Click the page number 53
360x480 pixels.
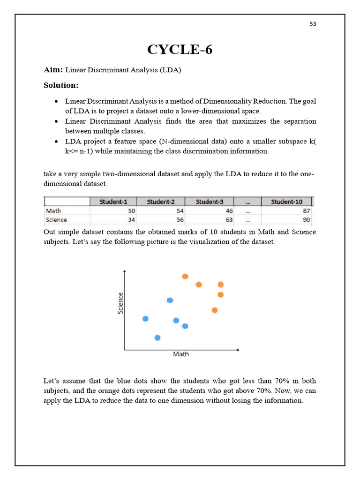tap(313, 24)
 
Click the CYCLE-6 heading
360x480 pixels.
tap(180, 49)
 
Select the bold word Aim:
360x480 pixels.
tap(53, 70)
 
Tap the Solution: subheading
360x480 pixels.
tap(61, 85)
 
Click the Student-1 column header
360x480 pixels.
tap(113, 202)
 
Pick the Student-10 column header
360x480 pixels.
tap(287, 202)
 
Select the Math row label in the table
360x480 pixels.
tap(53, 211)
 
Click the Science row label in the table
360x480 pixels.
tap(56, 220)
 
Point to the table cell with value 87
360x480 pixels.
tap(306, 211)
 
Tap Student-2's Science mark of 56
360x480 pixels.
tap(180, 220)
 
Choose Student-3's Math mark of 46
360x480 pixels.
tap(229, 211)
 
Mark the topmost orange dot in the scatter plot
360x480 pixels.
tap(185, 277)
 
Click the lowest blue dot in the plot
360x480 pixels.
tap(157, 337)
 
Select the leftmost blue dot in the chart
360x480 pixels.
tap(145, 319)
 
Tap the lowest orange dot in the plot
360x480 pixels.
tap(215, 310)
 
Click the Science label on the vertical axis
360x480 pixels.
tap(120, 303)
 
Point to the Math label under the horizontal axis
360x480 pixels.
tap(181, 354)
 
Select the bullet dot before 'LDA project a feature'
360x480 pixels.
tap(56, 142)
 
